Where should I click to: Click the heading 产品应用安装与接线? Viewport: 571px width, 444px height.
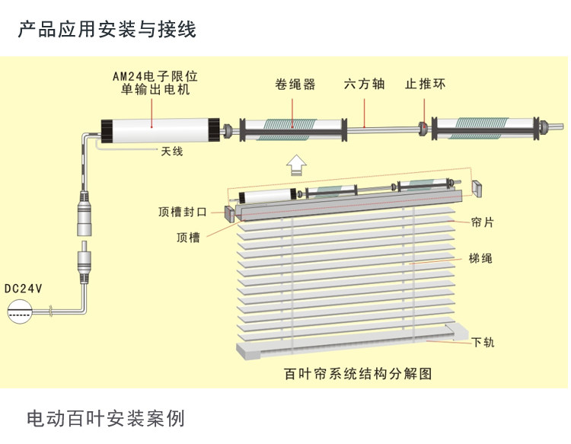point(107,30)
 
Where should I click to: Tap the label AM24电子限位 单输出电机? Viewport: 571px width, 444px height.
point(155,83)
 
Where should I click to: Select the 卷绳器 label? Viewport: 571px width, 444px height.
point(295,84)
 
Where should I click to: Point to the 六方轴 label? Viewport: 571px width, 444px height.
point(364,84)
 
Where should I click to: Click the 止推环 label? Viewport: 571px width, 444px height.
point(425,84)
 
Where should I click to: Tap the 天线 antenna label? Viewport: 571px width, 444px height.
point(172,151)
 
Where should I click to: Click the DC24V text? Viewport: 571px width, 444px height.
point(24,289)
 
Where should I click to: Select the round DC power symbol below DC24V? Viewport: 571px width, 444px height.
point(20,311)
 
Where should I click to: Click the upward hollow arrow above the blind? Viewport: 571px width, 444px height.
point(296,165)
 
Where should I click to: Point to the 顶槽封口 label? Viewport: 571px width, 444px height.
point(183,212)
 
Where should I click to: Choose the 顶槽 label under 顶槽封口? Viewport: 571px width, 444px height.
point(188,238)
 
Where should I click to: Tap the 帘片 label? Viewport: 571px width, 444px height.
point(482,222)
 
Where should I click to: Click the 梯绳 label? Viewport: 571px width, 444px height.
point(480,258)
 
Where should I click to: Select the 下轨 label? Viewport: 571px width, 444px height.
point(483,342)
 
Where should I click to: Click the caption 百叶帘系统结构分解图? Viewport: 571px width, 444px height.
point(358,374)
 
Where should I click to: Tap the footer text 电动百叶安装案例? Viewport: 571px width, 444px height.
point(106,418)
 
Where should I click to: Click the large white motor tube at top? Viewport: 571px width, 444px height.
point(160,130)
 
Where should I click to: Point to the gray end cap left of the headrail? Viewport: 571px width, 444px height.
point(229,214)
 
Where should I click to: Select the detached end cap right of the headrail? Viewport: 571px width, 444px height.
point(477,188)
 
